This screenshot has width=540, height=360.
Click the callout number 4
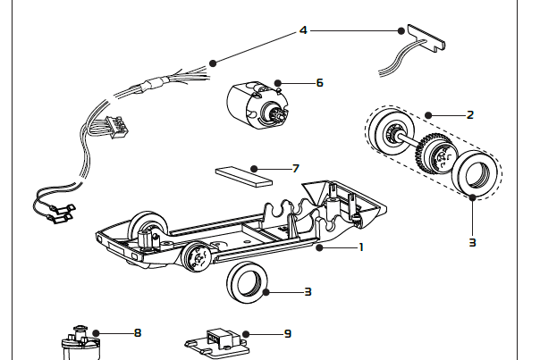tap(303, 29)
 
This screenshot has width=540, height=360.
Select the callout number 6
tap(319, 82)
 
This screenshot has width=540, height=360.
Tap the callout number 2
tap(468, 114)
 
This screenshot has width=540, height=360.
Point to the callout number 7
tap(295, 167)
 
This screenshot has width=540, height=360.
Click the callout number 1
tap(360, 247)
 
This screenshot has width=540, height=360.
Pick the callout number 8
tap(137, 332)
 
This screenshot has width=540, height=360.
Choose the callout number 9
tap(287, 333)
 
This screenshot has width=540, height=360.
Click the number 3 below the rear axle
tap(472, 241)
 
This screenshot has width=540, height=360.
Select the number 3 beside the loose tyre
tap(307, 291)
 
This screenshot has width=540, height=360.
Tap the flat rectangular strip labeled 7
tap(243, 172)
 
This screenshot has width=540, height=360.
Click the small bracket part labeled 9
tap(217, 341)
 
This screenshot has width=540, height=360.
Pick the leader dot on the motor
tap(277, 82)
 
